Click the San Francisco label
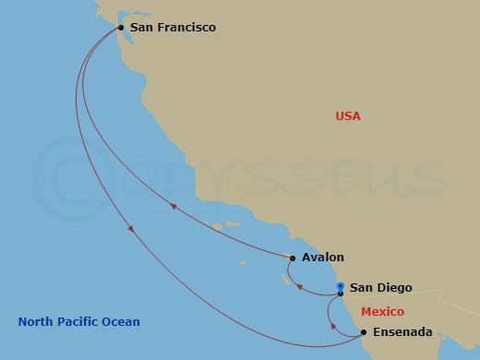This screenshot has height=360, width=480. [173, 28]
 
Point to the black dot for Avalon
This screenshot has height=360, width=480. [293, 258]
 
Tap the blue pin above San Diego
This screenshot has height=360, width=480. [341, 286]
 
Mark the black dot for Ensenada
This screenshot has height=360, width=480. [364, 331]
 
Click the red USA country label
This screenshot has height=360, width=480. [348, 116]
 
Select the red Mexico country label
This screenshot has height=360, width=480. [382, 312]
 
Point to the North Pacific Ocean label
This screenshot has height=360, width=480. [79, 321]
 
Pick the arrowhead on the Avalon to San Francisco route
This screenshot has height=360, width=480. [172, 209]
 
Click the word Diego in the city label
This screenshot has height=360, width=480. [394, 288]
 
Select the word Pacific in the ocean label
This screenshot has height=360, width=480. [80, 321]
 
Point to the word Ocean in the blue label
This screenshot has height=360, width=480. [122, 321]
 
